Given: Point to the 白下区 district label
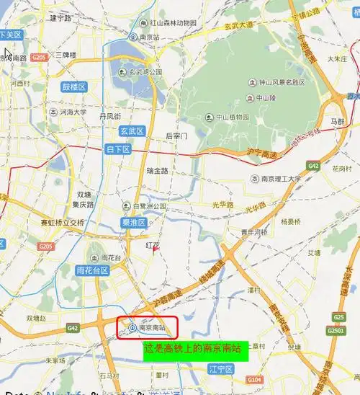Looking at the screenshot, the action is pos(117,149).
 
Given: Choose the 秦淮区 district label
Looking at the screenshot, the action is pos(134,223).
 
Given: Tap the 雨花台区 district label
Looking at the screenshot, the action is pos(92,270).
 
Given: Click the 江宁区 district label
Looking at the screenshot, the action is pos(221,369).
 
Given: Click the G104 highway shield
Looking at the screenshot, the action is pos(254,379).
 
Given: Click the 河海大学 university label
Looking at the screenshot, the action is pos(71,112).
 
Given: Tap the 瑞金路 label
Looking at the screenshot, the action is pos(157,171).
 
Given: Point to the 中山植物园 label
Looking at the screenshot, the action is pos(228,117).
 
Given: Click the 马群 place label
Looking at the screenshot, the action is pos(338,123).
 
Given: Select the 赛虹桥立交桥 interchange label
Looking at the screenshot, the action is pos(62,223).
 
